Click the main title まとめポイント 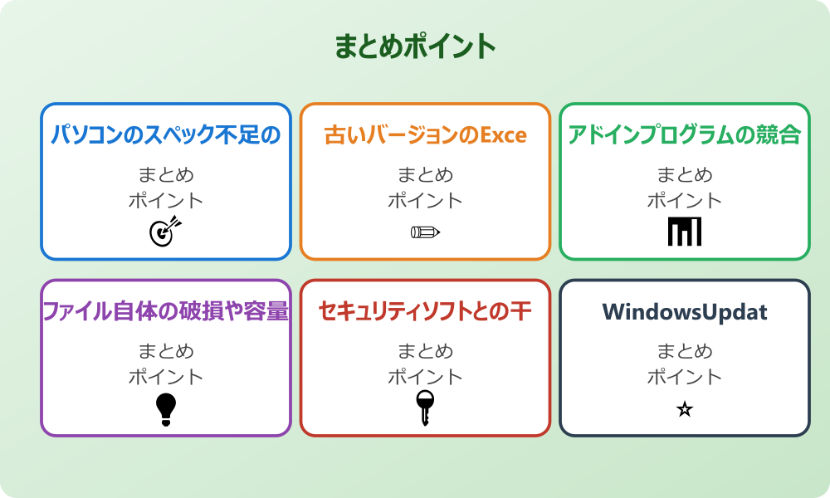point(415,46)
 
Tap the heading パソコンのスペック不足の point(166,134)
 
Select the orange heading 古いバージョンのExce point(425,134)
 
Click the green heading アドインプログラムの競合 point(684,134)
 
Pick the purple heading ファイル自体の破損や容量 point(166,311)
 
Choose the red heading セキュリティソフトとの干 point(425,311)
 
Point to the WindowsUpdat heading point(684,312)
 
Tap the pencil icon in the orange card point(425,232)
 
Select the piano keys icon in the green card point(684,232)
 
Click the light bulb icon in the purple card point(166,408)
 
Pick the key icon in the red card point(424,408)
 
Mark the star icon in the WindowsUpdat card point(684,409)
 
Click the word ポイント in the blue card point(166,200)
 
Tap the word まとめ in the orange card point(425,175)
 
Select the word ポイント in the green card point(684,200)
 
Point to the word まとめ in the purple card point(166,352)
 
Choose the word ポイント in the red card point(425,377)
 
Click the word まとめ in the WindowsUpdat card point(684,352)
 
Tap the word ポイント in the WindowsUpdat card point(684,377)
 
